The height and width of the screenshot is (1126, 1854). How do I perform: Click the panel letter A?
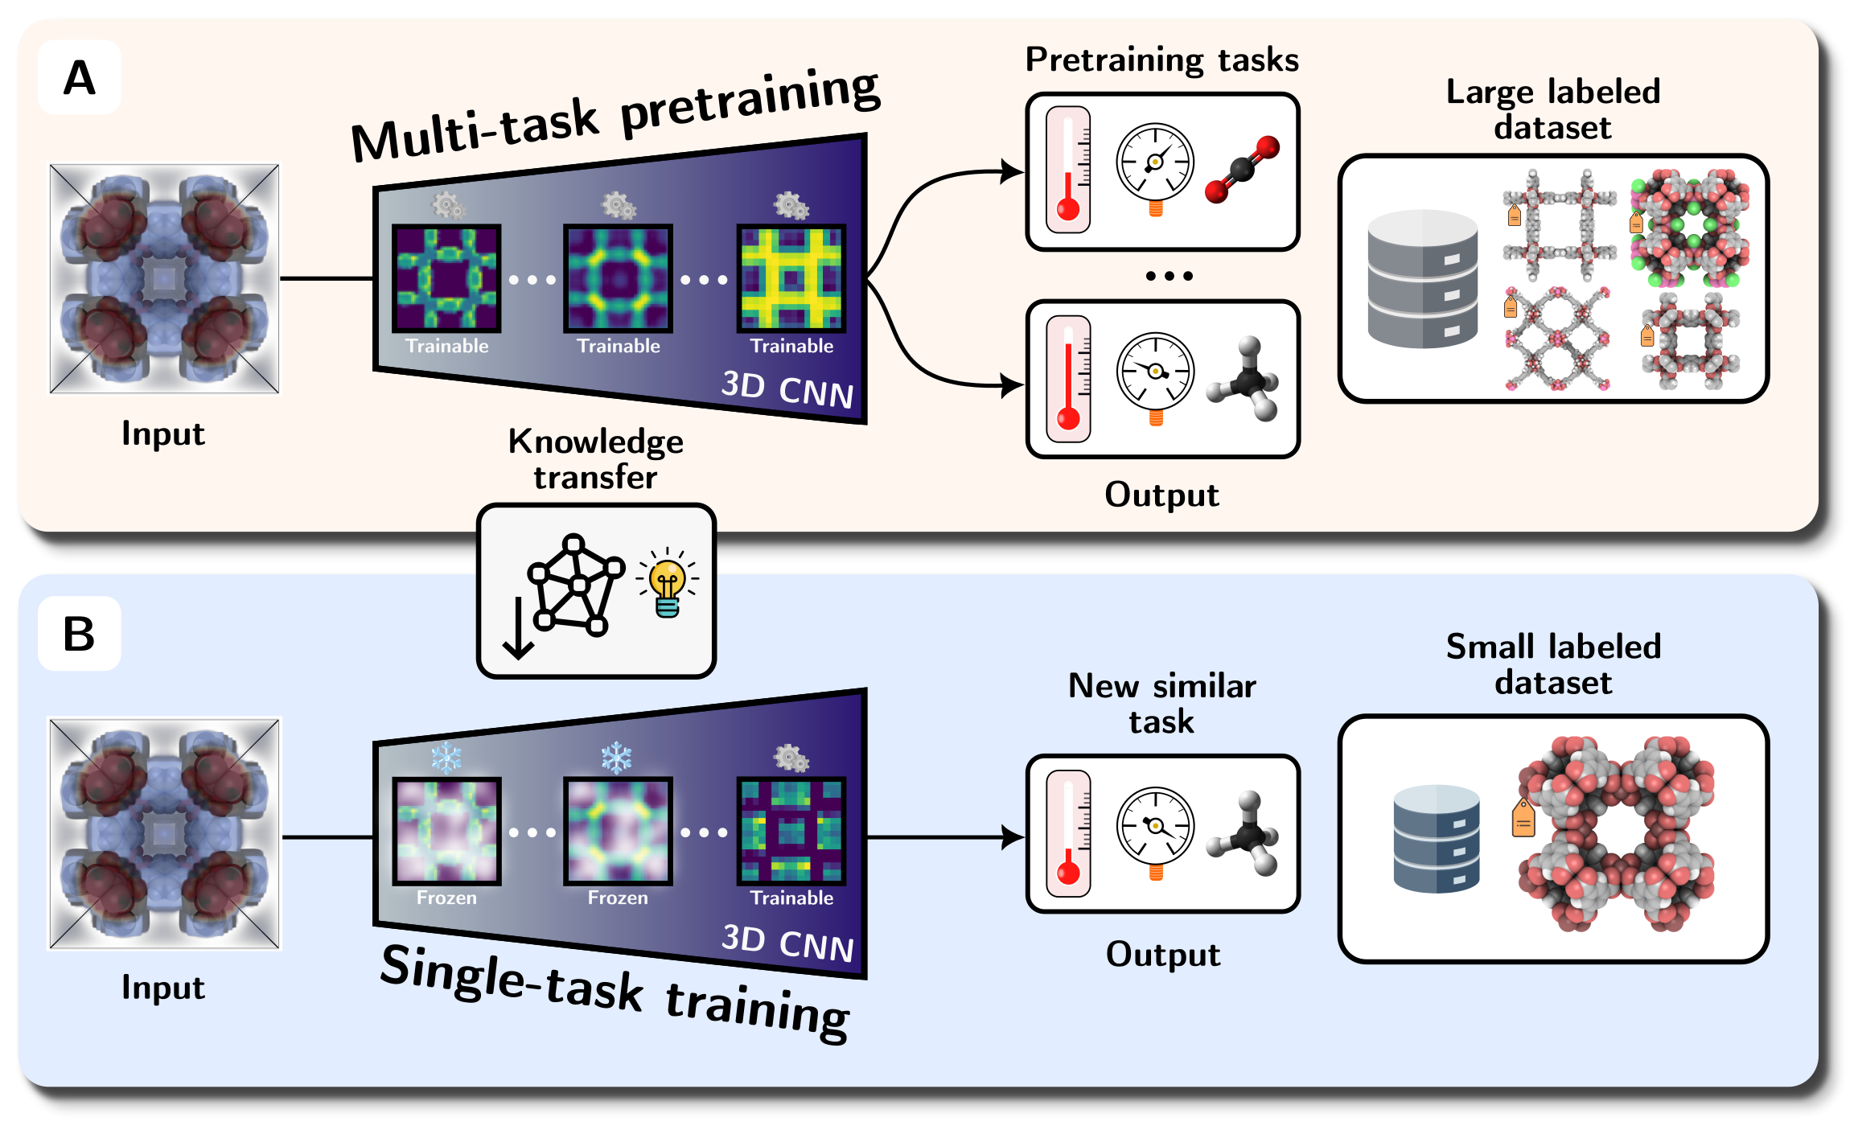click(79, 78)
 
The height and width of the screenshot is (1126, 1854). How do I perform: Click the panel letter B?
click(79, 634)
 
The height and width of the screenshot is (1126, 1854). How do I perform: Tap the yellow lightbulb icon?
click(667, 583)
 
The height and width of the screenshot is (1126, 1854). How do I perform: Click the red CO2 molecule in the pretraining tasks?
click(1242, 170)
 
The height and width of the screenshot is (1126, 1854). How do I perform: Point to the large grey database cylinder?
click(1422, 278)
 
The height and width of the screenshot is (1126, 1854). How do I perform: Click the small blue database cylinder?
click(1436, 839)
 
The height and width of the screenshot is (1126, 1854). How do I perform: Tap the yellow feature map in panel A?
click(791, 278)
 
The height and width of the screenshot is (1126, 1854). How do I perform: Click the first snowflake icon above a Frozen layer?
click(446, 757)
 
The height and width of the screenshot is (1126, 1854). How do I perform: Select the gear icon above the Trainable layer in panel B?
click(791, 758)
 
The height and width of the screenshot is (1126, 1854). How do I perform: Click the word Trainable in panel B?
click(791, 898)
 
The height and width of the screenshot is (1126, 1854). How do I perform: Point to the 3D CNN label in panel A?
click(787, 390)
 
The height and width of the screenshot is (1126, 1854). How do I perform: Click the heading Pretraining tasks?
click(1161, 60)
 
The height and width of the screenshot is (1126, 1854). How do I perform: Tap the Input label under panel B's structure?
click(163, 988)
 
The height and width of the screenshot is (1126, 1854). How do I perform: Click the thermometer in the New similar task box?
click(1068, 833)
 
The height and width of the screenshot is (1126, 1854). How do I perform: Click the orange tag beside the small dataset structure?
click(1523, 818)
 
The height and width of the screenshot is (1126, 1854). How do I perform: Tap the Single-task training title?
click(615, 992)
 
